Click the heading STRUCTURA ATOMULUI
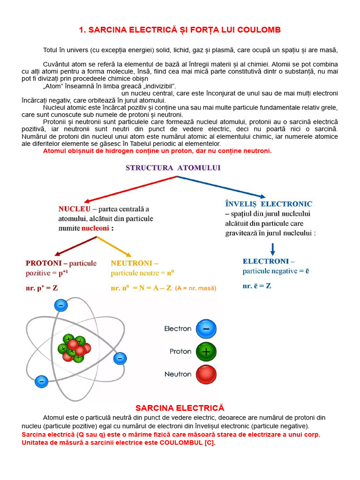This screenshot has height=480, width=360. [x=173, y=167]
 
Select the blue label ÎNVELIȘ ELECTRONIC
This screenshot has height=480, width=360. [x=269, y=204]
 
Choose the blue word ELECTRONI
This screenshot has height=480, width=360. [x=265, y=261]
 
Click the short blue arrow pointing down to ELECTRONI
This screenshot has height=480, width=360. [x=273, y=248]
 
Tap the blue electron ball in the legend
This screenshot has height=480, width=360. [x=206, y=329]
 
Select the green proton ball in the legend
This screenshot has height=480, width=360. [x=206, y=352]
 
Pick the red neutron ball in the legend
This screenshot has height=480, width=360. [x=206, y=375]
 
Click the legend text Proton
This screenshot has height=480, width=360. [x=180, y=352]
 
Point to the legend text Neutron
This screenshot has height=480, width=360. [x=178, y=375]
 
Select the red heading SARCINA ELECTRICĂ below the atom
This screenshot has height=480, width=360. [x=180, y=408]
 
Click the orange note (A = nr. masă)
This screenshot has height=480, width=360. [x=196, y=289]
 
